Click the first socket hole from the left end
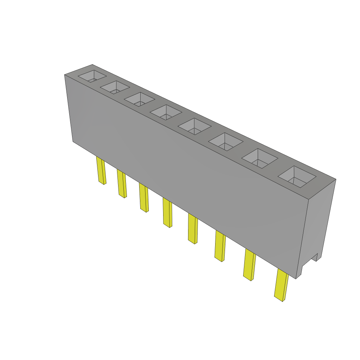point(92,76)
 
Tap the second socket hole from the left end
point(115,87)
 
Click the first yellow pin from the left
point(101,171)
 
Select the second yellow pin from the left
point(122,184)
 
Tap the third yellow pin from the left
point(143,198)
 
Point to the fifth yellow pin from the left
point(192,229)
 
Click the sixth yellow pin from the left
point(220,246)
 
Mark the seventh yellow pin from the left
point(249,265)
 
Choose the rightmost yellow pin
point(281,285)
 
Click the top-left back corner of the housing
point(92,65)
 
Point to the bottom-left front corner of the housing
point(73,141)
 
